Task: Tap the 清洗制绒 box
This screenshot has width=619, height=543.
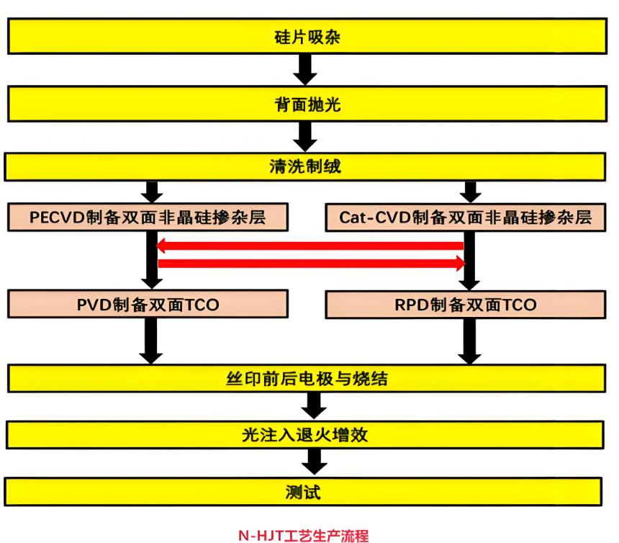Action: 305,167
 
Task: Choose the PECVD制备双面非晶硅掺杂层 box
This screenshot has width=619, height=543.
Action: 148,217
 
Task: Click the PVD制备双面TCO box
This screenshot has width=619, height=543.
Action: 148,305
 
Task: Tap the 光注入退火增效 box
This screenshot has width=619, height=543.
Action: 305,435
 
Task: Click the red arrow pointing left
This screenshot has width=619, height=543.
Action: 309,246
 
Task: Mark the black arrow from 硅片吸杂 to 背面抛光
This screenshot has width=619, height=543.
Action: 306,70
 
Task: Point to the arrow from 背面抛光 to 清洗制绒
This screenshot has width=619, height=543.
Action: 306,136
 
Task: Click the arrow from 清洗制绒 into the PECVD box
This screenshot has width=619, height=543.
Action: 151,192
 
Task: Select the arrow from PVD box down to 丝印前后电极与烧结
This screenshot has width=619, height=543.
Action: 151,341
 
